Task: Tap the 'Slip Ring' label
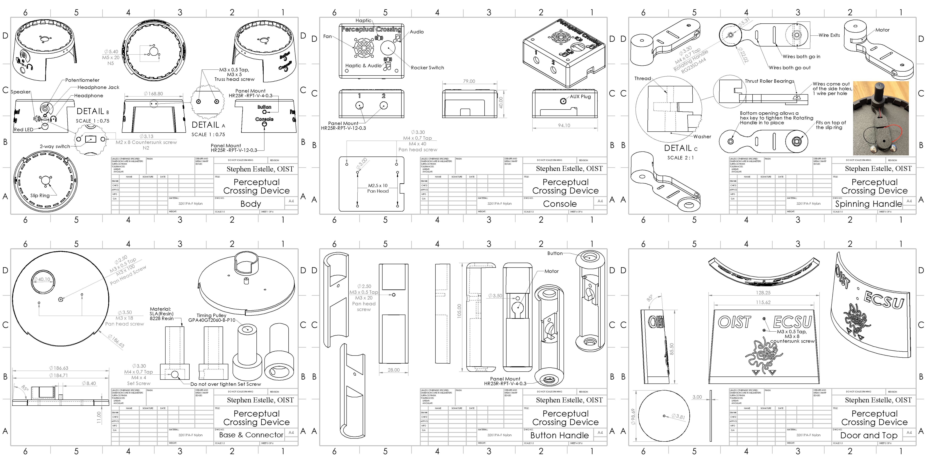coord(40,196)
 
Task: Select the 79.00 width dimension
coord(469,81)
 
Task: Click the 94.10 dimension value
coord(564,125)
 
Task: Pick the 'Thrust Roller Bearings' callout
coord(769,81)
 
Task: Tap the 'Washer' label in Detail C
coord(702,137)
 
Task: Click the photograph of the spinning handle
coord(881,118)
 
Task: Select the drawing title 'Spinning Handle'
coord(868,204)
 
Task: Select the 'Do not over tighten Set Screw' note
coord(226,384)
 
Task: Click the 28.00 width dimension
coord(394,370)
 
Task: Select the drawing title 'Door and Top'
coord(869,435)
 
